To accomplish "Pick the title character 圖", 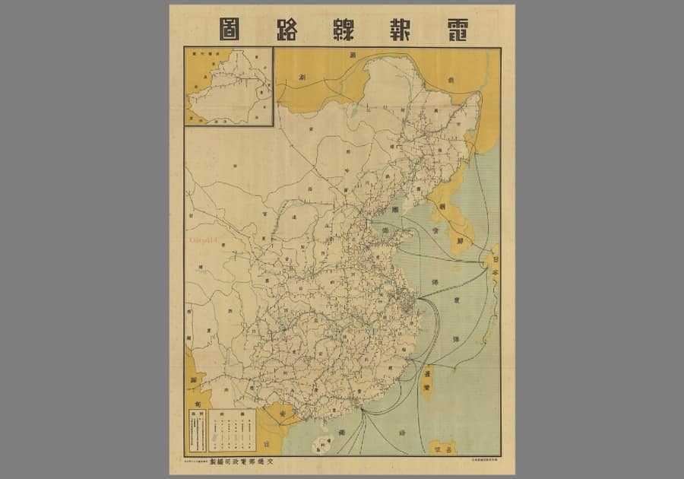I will pos(230,29).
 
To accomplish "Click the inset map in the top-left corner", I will pos(229,86).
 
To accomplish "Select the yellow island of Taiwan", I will pos(428,380).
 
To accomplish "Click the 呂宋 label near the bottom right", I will pos(442,448).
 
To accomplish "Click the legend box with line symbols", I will pos(232,430).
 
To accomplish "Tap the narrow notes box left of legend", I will pos(197,430).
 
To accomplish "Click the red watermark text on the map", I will pos(203,238).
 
